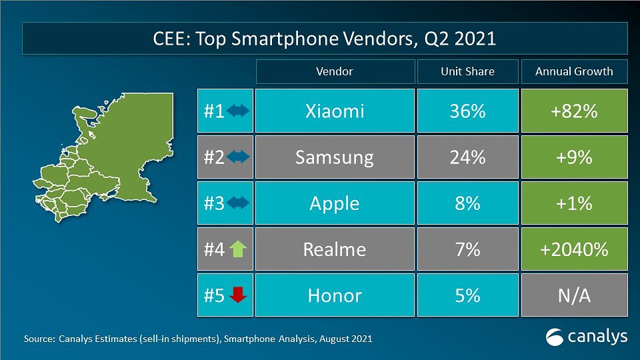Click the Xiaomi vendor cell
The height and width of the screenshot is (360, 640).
(334, 111)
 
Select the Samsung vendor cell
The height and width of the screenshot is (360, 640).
(334, 157)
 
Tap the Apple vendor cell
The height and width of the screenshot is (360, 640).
(334, 203)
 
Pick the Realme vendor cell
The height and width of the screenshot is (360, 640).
(334, 249)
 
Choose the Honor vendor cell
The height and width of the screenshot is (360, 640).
(334, 295)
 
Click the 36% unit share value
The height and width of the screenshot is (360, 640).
(467, 111)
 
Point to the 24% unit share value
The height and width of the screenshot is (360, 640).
(467, 157)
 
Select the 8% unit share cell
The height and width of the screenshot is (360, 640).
(467, 203)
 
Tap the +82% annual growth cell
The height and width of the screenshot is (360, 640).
(573, 111)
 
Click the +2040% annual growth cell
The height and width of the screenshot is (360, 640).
(573, 249)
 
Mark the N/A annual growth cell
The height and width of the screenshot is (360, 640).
(573, 295)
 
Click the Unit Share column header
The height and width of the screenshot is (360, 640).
(467, 71)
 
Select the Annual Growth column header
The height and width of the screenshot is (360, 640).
(573, 71)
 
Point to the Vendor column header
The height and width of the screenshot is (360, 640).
(334, 71)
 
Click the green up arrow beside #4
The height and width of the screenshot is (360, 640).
(238, 249)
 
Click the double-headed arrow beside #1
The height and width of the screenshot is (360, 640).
(238, 111)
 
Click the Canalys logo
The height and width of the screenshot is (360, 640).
(587, 337)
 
